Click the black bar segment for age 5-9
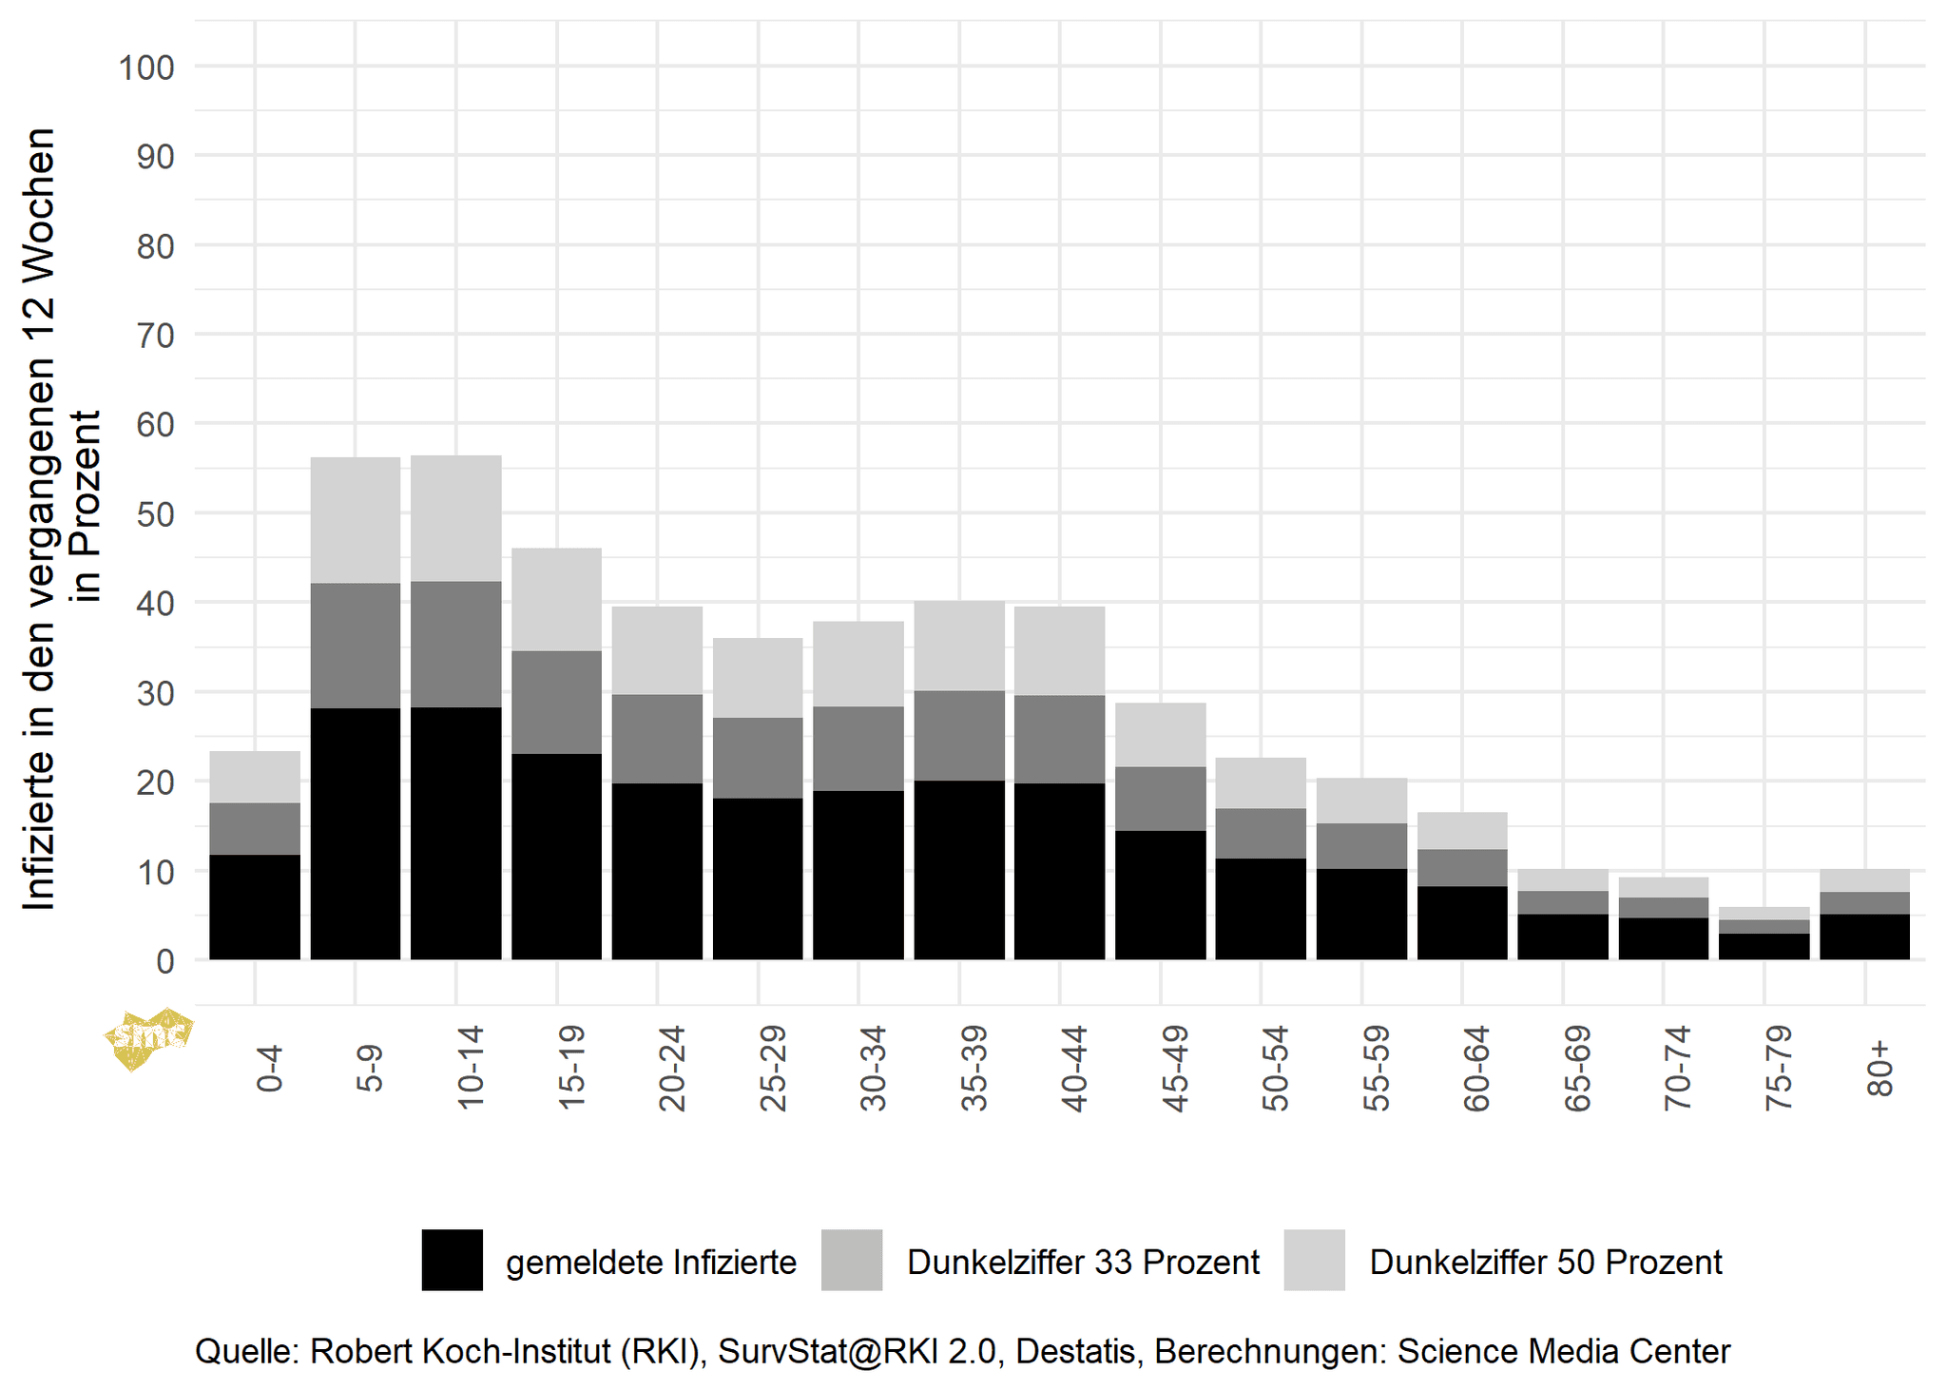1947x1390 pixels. pyautogui.click(x=355, y=833)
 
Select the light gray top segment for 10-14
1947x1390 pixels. pyautogui.click(x=456, y=518)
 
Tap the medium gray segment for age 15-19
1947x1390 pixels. pyautogui.click(x=556, y=702)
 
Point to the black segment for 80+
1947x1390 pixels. pyautogui.click(x=1864, y=936)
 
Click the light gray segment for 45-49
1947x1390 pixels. pyautogui.click(x=1160, y=734)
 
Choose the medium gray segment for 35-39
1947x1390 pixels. pyautogui.click(x=959, y=735)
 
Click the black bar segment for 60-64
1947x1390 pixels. pyautogui.click(x=1462, y=922)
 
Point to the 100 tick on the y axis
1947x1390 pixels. pyautogui.click(x=146, y=68)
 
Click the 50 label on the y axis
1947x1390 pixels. pyautogui.click(x=156, y=514)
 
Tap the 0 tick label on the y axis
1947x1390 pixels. pyautogui.click(x=165, y=961)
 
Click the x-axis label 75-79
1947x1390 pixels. pyautogui.click(x=1778, y=1068)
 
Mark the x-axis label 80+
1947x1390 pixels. pyautogui.click(x=1880, y=1068)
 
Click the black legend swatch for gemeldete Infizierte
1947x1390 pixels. pyautogui.click(x=452, y=1260)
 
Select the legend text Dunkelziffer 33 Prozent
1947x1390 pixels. pyautogui.click(x=1083, y=1262)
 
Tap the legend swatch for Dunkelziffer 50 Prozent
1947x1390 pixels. pyautogui.click(x=1314, y=1260)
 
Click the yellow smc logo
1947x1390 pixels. pyautogui.click(x=147, y=1037)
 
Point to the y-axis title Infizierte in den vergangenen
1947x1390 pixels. pyautogui.click(x=40, y=518)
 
